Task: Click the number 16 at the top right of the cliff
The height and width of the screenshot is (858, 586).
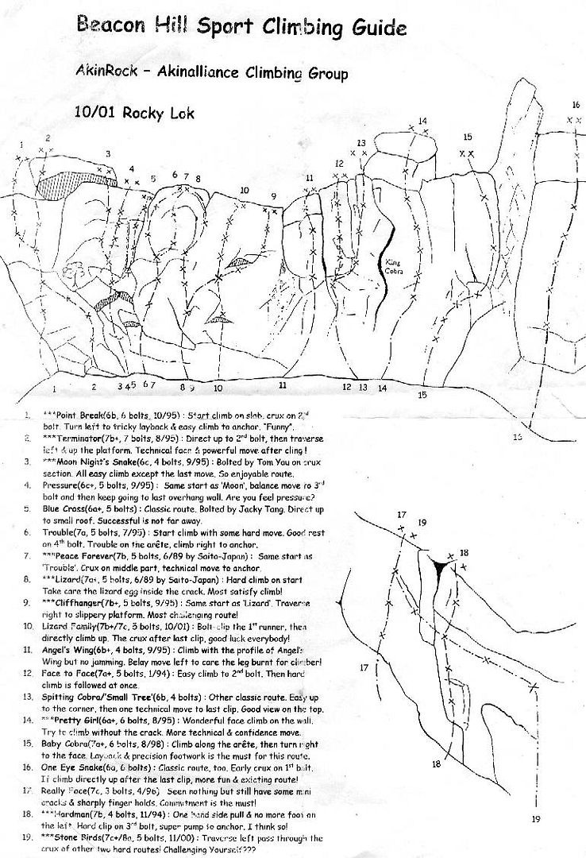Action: click(x=576, y=105)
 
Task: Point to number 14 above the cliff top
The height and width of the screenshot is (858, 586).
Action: click(x=422, y=121)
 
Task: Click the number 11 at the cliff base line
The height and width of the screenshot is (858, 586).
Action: click(x=283, y=385)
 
